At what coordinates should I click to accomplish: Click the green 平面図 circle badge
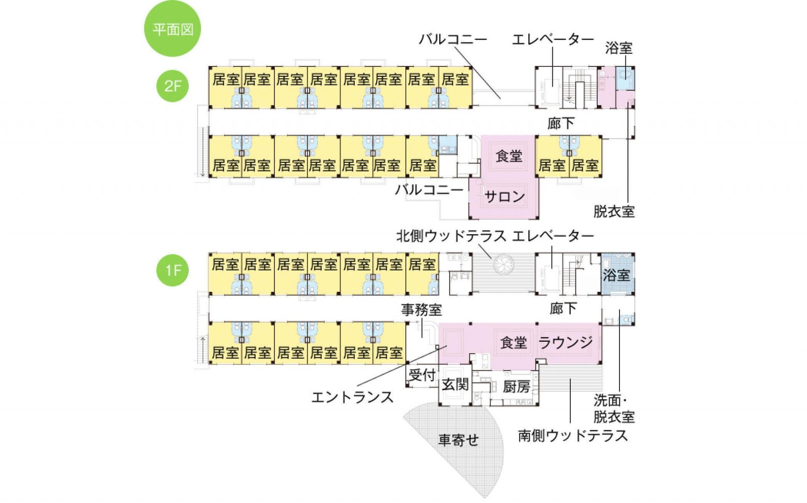pos(172,29)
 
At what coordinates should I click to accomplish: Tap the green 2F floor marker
pos(173,86)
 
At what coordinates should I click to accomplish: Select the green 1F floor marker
pos(173,270)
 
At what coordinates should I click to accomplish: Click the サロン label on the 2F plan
pos(504,196)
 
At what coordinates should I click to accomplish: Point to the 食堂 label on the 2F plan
pos(509,156)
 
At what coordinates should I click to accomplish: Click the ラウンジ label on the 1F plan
pos(566,343)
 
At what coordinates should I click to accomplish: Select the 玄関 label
pos(455,384)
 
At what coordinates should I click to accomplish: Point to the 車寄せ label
pos(459,440)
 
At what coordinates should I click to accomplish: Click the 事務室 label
pos(422,310)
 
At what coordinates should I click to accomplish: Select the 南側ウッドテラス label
pos(573,436)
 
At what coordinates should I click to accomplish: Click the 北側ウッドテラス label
pos(451,236)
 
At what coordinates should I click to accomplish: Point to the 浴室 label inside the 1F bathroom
pos(616,275)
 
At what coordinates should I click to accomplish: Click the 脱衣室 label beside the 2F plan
pos(614,212)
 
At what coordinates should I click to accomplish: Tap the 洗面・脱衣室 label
pos(614,409)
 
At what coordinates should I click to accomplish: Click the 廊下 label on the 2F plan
pos(561,123)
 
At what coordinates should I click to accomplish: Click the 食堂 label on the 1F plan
pos(514,343)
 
